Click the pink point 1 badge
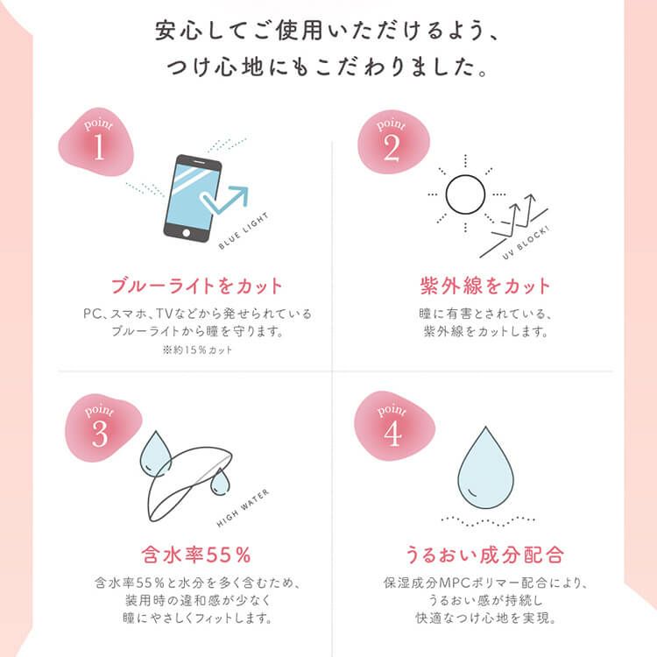tap(96, 142)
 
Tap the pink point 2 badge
tap(393, 142)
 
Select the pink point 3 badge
tap(102, 427)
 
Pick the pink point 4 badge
tap(394, 426)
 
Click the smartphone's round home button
tap(186, 232)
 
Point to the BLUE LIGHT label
tap(244, 231)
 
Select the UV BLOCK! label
tap(526, 243)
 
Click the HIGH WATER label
tap(243, 508)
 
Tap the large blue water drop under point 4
tap(485, 468)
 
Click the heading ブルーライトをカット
tap(196, 286)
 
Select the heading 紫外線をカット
tap(484, 286)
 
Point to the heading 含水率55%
tap(196, 555)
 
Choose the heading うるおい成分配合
tap(484, 555)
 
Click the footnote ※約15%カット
tap(197, 350)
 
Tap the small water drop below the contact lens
tap(220, 482)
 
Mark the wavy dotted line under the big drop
tap(488, 521)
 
